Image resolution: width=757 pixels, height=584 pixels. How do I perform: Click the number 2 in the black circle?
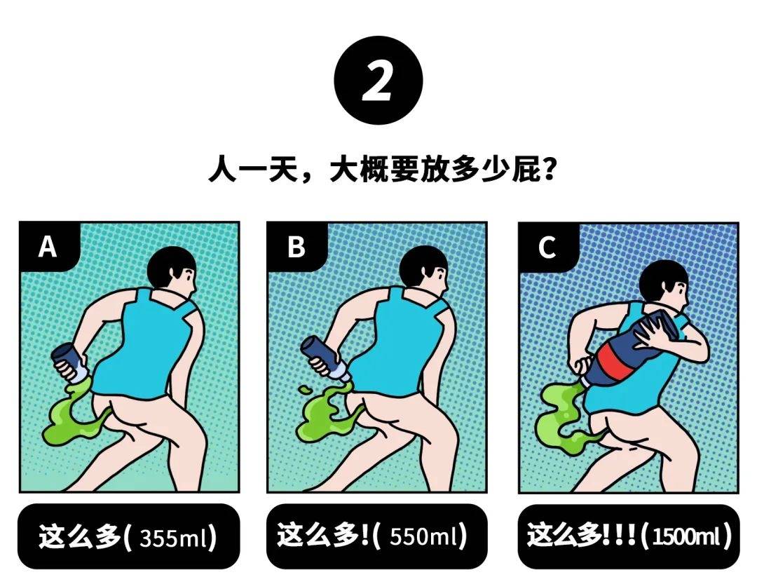coord(378,81)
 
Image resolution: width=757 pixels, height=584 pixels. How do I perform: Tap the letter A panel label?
coord(48,247)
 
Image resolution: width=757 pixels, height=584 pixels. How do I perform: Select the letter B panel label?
coord(296,247)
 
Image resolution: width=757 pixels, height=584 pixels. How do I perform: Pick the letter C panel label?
coord(547,247)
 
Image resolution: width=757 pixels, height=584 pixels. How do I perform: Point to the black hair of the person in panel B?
coord(422,265)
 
